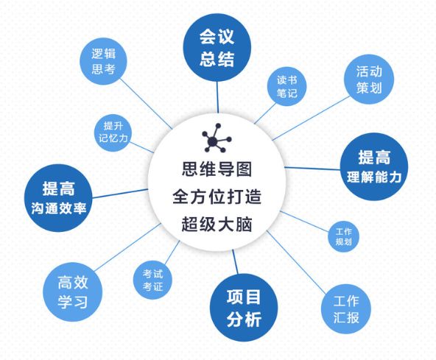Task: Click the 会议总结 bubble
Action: coord(217,48)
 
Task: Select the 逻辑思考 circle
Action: coord(103,61)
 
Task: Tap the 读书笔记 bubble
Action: coord(286,86)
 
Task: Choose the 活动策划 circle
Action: coord(369,80)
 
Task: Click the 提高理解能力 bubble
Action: coord(374,166)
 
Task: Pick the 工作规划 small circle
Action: coord(343,236)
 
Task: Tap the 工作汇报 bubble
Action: coord(346,309)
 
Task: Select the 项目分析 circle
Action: coord(244,308)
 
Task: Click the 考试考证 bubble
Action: coord(152,280)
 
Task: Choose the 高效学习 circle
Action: coord(73,292)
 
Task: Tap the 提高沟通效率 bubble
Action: coord(58,198)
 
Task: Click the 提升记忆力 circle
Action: coord(113,133)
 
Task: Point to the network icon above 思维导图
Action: coord(217,138)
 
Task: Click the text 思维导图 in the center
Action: coord(217,169)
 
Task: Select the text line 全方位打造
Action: coord(217,197)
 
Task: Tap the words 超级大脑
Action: coord(217,224)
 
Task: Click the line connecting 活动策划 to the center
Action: coord(311,118)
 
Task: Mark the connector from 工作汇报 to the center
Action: coord(296,262)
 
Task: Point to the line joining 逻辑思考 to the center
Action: coord(147,104)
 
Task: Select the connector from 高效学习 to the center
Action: coord(127,247)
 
